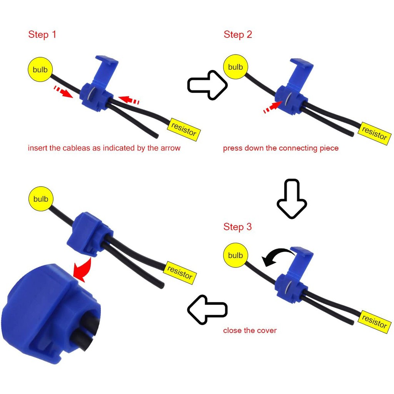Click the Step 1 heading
pyautogui.click(x=42, y=35)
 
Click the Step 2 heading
pyautogui.click(x=238, y=35)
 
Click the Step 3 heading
pyautogui.click(x=237, y=227)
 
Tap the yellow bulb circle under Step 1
pyautogui.click(x=40, y=70)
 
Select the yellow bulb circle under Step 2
pyautogui.click(x=235, y=67)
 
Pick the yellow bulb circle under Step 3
pyautogui.click(x=235, y=255)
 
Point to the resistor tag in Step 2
pyautogui.click(x=374, y=134)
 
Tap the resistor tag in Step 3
pyautogui.click(x=374, y=322)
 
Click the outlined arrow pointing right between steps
pyautogui.click(x=207, y=85)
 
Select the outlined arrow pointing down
pyautogui.click(x=292, y=199)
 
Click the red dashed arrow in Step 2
pyautogui.click(x=272, y=107)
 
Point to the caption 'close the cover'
pyautogui.click(x=250, y=331)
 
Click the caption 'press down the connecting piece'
pyautogui.click(x=280, y=148)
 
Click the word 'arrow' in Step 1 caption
pyautogui.click(x=169, y=148)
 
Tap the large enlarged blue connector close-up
pyautogui.click(x=50, y=314)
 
